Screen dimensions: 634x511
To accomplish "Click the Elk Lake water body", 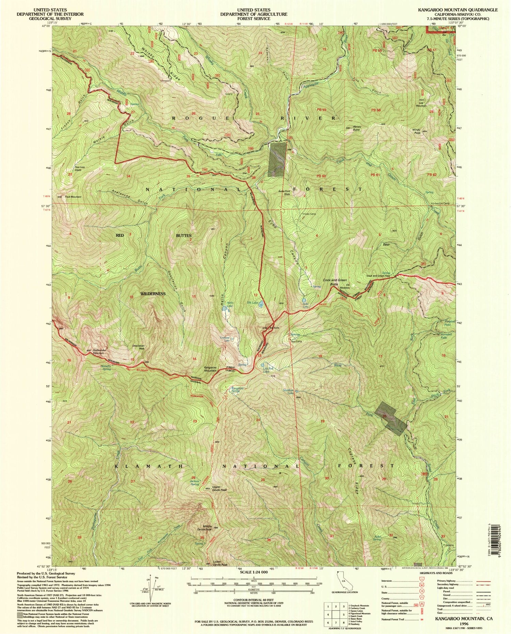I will tap(261, 303).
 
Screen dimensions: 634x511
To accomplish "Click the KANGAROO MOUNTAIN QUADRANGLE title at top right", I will tap(458, 10).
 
